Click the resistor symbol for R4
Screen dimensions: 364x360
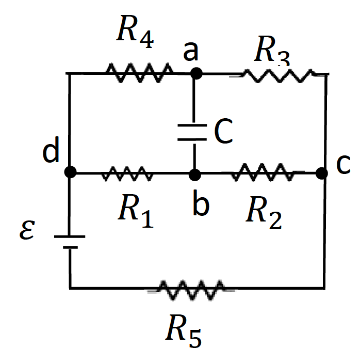click(139, 73)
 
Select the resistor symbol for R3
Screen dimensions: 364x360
click(278, 75)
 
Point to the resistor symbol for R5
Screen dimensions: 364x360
click(191, 290)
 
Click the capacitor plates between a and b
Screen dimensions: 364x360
click(194, 132)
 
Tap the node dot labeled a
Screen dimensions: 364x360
click(195, 73)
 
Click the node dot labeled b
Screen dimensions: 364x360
click(194, 174)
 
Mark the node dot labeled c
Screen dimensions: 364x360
click(322, 173)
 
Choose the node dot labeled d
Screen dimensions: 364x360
click(71, 172)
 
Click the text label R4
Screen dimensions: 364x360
click(135, 33)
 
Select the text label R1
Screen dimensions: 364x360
click(136, 213)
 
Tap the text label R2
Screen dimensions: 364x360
click(264, 213)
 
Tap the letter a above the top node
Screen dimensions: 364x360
click(192, 52)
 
